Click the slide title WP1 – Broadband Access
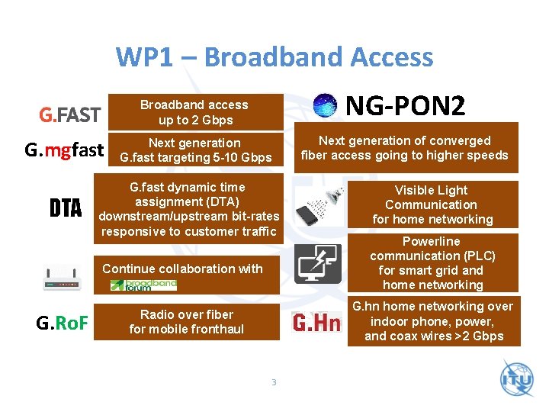click(274, 57)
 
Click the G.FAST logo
click(70, 114)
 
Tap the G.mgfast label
click(64, 150)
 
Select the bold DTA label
click(66, 208)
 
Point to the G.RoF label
click(63, 323)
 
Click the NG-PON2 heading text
click(405, 106)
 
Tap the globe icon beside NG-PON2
click(326, 106)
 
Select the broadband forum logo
click(143, 285)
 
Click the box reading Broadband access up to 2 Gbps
click(194, 112)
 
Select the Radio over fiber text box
click(187, 322)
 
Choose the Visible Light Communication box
click(432, 204)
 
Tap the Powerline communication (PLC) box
click(432, 263)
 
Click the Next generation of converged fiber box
click(405, 148)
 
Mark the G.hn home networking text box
click(433, 321)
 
